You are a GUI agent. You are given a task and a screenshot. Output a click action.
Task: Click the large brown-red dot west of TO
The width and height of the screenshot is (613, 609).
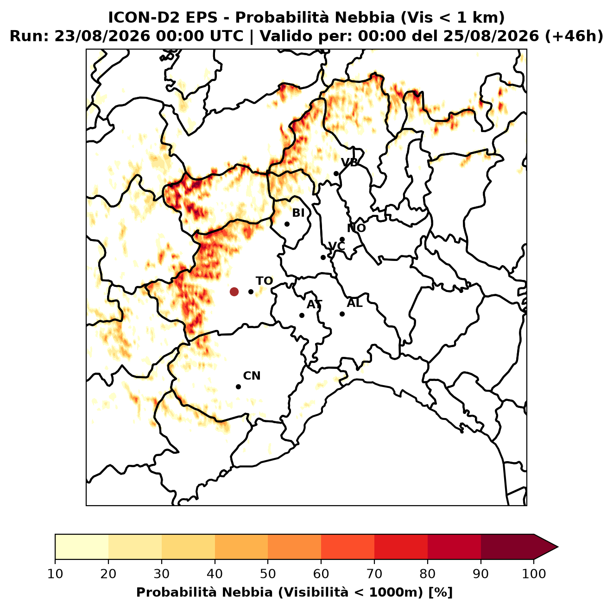[234, 291]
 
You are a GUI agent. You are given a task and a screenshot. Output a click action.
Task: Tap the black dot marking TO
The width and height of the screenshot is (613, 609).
[251, 292]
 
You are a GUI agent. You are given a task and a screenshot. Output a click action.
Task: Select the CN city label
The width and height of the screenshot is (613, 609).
[252, 376]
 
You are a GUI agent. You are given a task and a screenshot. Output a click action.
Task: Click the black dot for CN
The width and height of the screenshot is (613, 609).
[238, 387]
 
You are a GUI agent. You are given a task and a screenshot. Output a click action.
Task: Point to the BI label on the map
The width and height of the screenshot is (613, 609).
[298, 213]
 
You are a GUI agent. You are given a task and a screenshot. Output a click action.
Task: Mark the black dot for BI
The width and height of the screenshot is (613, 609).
[287, 224]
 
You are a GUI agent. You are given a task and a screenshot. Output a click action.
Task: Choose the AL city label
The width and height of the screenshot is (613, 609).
[354, 303]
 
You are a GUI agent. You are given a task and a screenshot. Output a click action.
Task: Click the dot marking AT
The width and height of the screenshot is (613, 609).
[302, 316]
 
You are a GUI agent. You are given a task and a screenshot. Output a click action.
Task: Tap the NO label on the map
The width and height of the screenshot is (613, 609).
[356, 228]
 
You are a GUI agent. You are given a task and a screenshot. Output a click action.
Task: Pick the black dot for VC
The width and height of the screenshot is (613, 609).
[323, 257]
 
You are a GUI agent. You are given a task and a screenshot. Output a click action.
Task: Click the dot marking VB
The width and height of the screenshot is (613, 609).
[336, 173]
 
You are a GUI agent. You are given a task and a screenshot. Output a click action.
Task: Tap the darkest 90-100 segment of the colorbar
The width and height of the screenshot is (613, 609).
[507, 546]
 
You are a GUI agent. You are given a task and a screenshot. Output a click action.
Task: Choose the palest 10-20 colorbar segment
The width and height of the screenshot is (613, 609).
[82, 546]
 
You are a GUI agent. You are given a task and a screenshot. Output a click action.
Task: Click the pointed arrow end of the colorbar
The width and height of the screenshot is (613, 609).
[557, 547]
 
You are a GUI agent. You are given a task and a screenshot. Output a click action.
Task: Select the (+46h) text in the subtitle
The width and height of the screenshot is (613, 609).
[574, 36]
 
